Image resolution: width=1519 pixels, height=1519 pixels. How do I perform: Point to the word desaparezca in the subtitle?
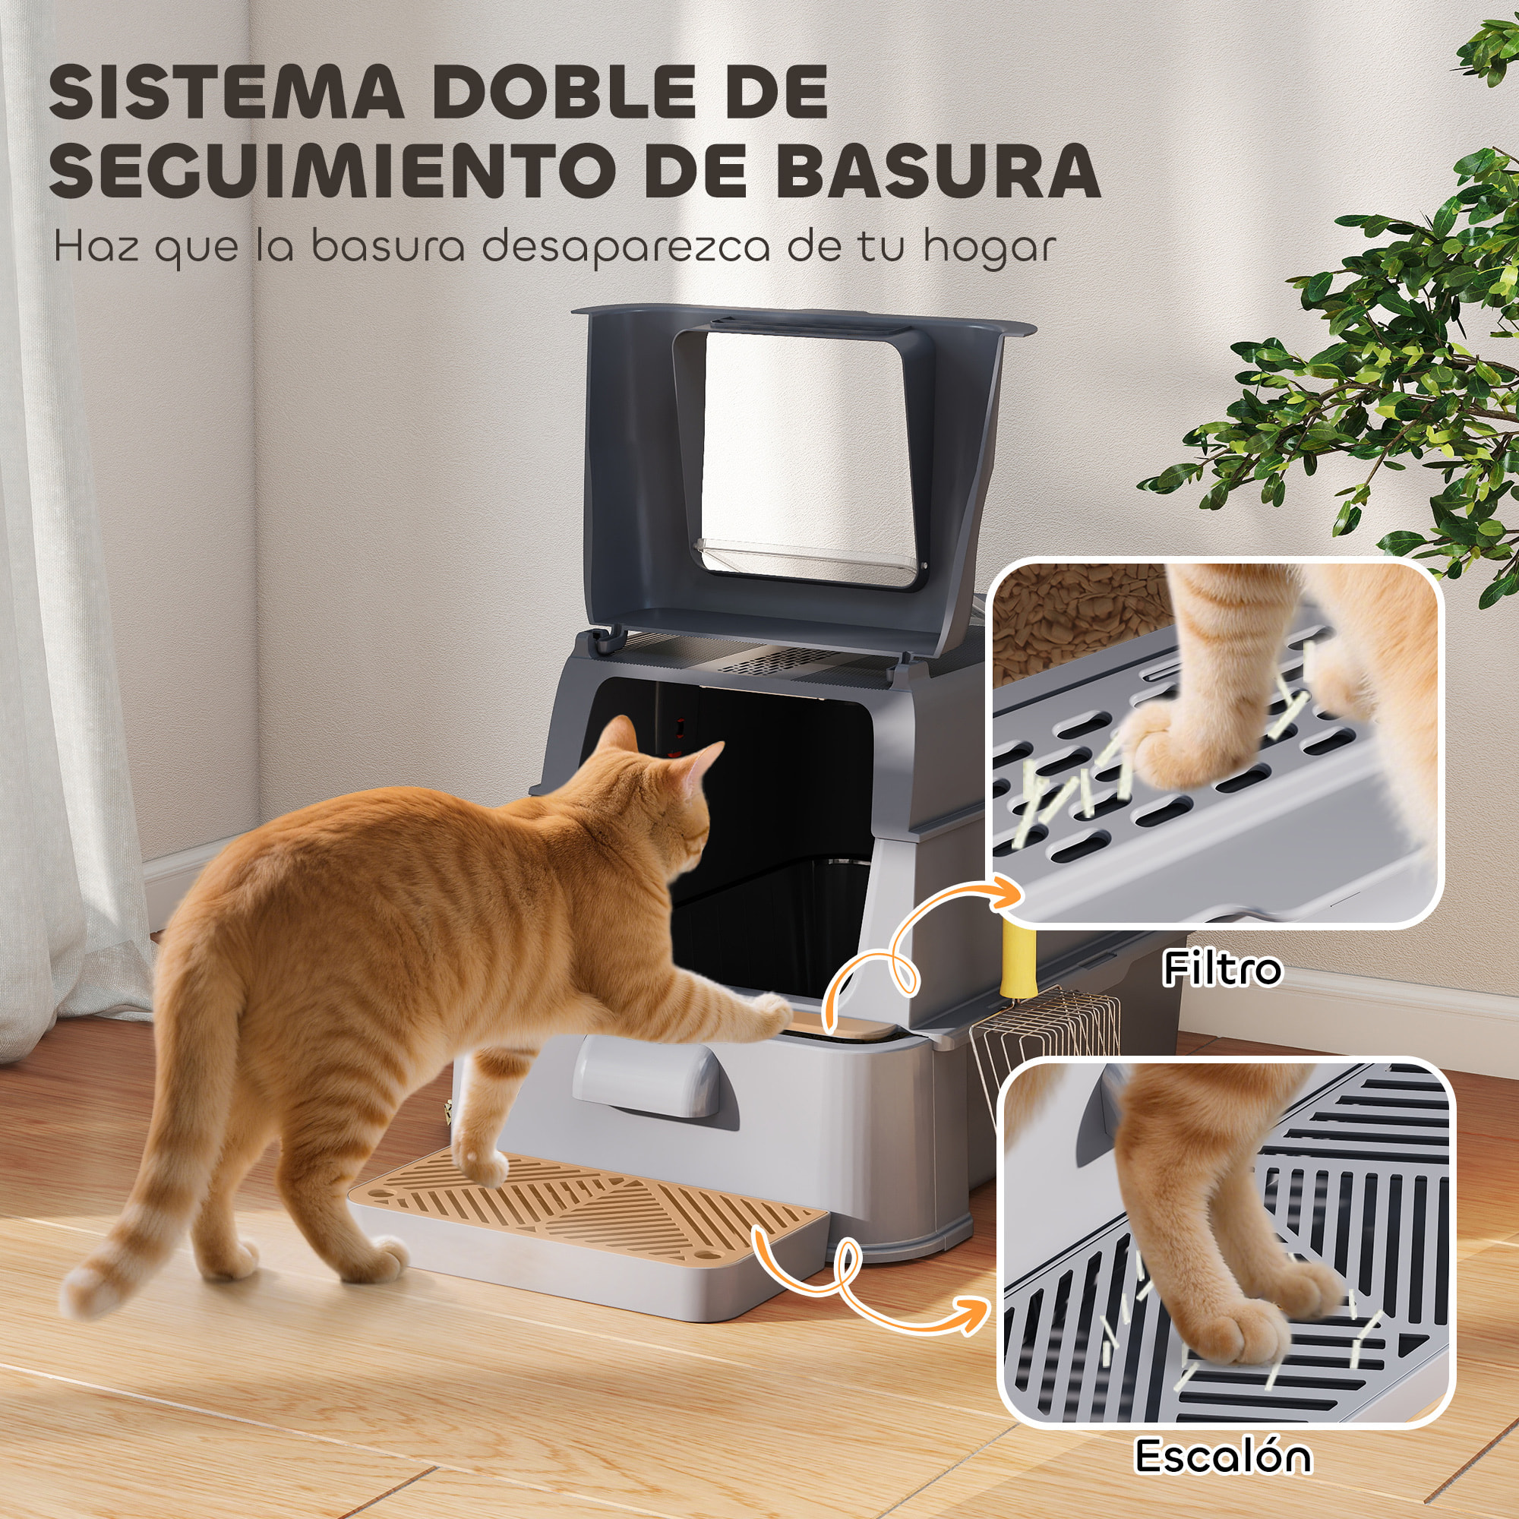tap(626, 248)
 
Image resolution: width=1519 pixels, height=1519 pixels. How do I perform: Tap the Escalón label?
tap(1223, 1455)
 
